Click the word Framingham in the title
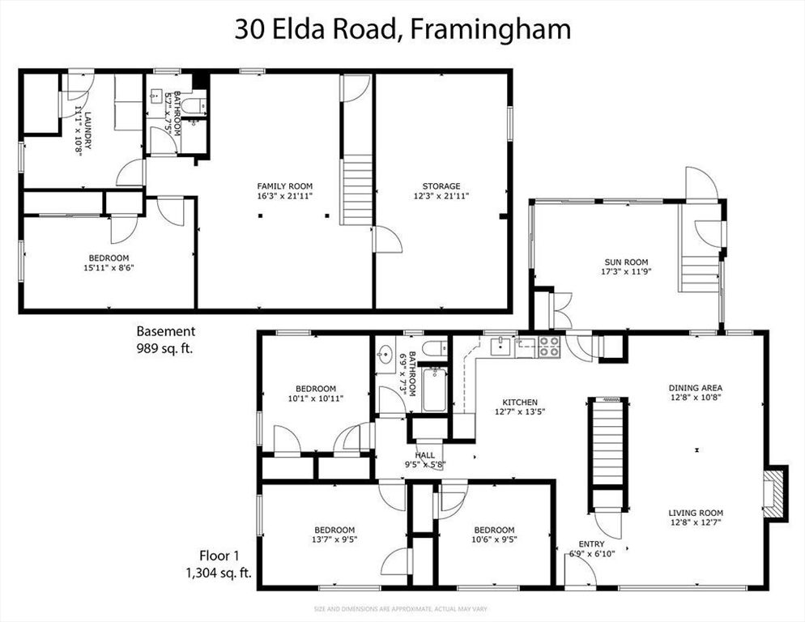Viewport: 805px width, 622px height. click(x=491, y=30)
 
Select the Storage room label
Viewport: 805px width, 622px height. click(x=441, y=185)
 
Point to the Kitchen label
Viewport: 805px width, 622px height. click(x=519, y=402)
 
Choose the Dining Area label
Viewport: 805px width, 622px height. click(x=695, y=387)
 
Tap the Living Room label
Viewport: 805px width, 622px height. click(x=695, y=513)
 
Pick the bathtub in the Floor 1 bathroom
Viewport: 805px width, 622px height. click(x=435, y=390)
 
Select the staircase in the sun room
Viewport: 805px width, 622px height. click(x=699, y=274)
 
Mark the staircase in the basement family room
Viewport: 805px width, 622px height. click(x=356, y=192)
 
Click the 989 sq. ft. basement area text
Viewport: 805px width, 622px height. click(x=164, y=348)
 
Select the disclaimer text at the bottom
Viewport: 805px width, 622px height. click(x=402, y=608)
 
